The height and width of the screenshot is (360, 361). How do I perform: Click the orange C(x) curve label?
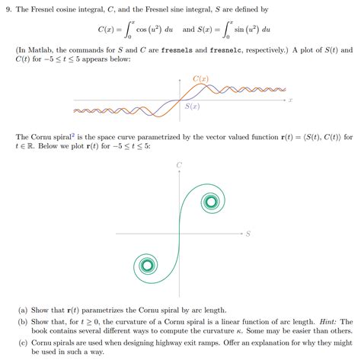tap(201, 78)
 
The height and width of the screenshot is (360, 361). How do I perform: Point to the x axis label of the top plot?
tap(291, 100)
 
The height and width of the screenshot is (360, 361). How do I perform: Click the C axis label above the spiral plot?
tap(179, 164)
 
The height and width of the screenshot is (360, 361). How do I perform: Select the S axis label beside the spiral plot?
tap(248, 233)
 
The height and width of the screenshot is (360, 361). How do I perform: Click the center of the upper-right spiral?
tap(210, 202)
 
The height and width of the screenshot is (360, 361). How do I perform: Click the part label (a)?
tap(22, 311)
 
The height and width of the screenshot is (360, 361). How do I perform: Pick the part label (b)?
tap(22, 322)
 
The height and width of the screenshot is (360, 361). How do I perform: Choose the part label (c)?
tap(22, 343)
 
